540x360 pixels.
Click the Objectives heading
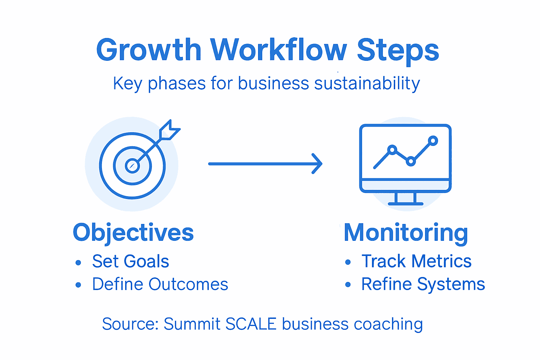[133, 233]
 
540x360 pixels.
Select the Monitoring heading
[406, 233]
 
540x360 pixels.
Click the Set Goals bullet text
[130, 262]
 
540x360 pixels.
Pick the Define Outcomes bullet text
[160, 284]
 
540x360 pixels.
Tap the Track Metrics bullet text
[416, 262]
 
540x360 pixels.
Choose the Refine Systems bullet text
[423, 284]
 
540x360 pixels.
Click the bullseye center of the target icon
[132, 166]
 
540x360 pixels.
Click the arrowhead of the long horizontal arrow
[318, 164]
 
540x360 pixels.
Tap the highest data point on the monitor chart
[433, 141]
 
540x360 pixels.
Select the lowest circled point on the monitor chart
[411, 162]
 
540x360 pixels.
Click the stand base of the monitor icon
[405, 203]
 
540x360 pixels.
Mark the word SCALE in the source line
[251, 324]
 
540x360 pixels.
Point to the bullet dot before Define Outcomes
[78, 285]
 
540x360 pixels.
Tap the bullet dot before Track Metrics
[348, 262]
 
